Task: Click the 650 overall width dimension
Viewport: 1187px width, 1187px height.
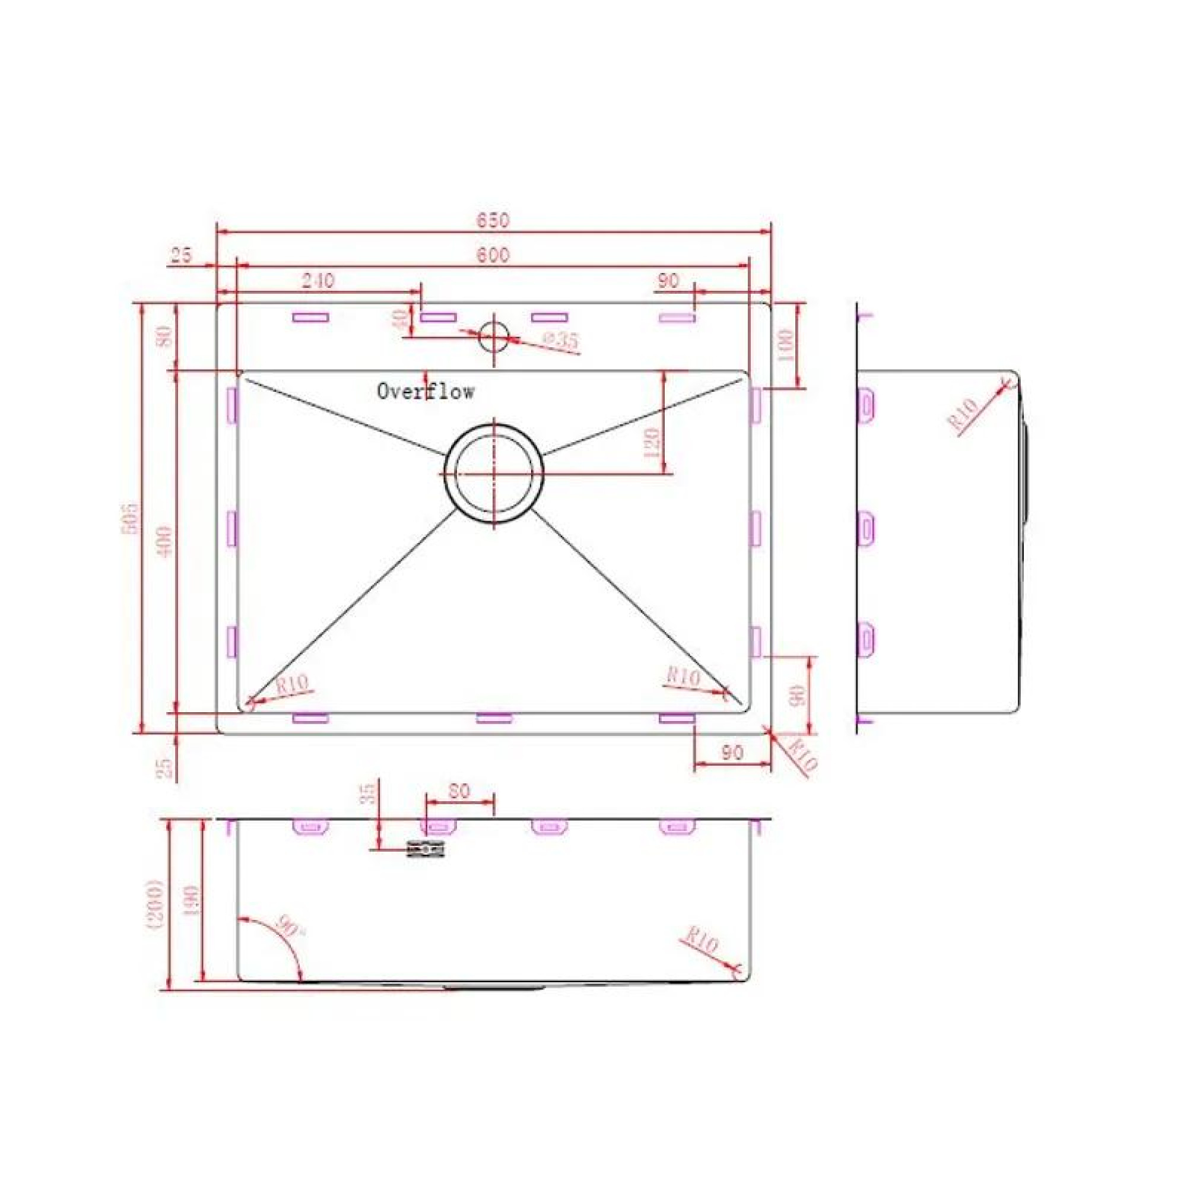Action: [493, 220]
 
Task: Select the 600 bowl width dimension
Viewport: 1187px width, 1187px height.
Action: [493, 255]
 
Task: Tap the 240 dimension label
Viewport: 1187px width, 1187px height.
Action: [318, 281]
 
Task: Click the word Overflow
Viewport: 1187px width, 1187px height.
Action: [425, 391]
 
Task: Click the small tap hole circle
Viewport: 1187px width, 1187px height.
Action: [494, 336]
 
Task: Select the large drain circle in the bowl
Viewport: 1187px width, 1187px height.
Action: [494, 474]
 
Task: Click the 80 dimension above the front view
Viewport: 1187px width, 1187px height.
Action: [459, 791]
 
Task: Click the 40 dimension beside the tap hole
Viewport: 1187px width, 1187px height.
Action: [400, 319]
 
